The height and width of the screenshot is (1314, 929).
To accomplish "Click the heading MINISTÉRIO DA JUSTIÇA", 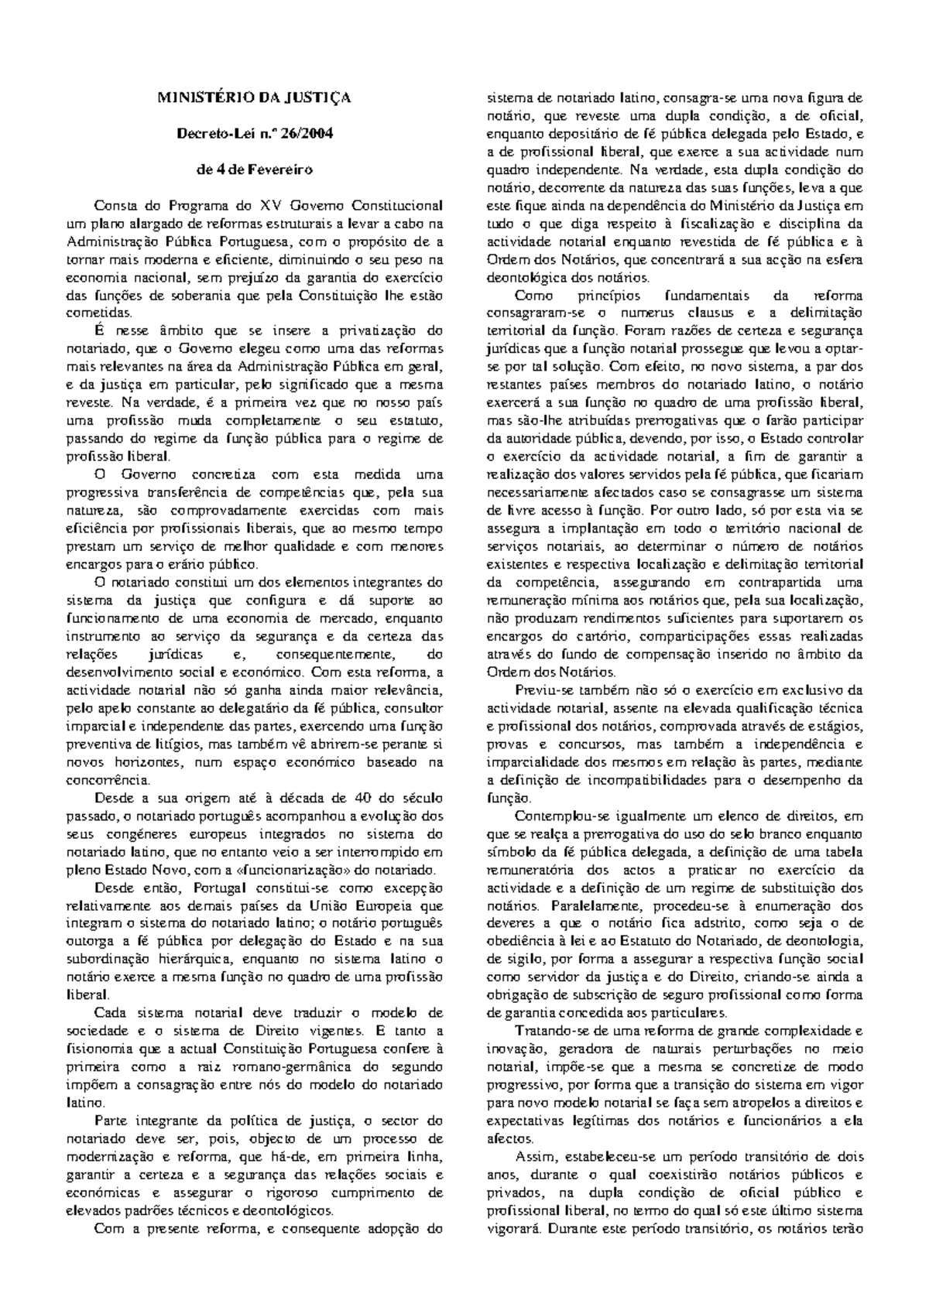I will click(255, 98).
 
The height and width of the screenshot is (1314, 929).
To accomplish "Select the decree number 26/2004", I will click(310, 133).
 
